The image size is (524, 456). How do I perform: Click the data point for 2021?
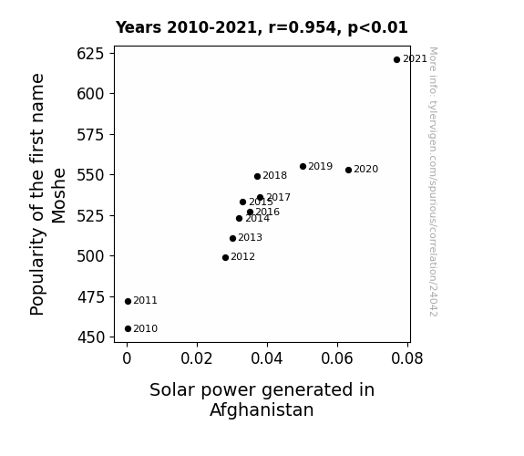point(396,60)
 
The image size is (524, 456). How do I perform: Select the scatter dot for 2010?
point(128,329)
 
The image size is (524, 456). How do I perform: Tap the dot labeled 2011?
point(128,302)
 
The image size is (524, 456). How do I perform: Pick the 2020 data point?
point(348,170)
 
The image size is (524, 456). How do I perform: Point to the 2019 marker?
point(303,166)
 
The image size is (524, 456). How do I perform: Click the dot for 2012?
point(226,257)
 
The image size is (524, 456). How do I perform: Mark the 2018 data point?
point(257,176)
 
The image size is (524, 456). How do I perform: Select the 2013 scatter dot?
point(233,239)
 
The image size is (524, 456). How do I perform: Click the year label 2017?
point(278,197)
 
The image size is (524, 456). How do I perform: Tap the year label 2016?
point(267,212)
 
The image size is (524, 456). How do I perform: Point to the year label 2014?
point(257,219)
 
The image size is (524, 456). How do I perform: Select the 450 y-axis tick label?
point(90,337)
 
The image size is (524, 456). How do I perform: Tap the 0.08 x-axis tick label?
point(407,358)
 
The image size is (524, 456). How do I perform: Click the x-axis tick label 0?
point(127,358)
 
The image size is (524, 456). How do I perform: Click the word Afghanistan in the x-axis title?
point(262,409)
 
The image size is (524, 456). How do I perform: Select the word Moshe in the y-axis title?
point(59,196)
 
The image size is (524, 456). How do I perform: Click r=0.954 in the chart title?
point(303,27)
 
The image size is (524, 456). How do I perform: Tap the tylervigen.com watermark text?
point(433,181)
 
